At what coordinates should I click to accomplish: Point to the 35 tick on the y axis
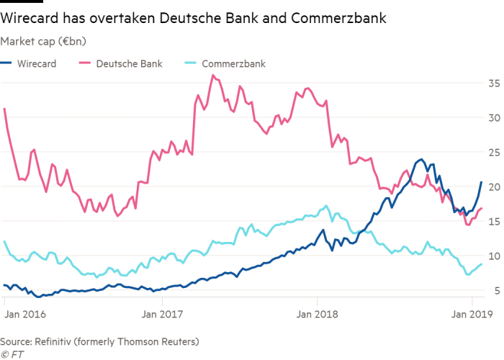coord(493,83)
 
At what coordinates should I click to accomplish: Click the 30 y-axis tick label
coord(493,117)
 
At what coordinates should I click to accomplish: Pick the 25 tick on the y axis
coord(493,152)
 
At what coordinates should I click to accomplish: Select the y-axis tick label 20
coord(493,186)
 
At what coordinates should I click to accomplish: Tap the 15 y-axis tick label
coord(493,221)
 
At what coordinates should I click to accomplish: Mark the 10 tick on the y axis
coord(493,256)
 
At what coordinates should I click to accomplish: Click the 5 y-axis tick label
coord(496,290)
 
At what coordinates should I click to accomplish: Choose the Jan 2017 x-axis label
coord(179,315)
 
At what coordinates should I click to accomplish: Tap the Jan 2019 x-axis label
coord(471,315)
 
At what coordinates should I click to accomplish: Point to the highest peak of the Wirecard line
coord(420,160)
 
